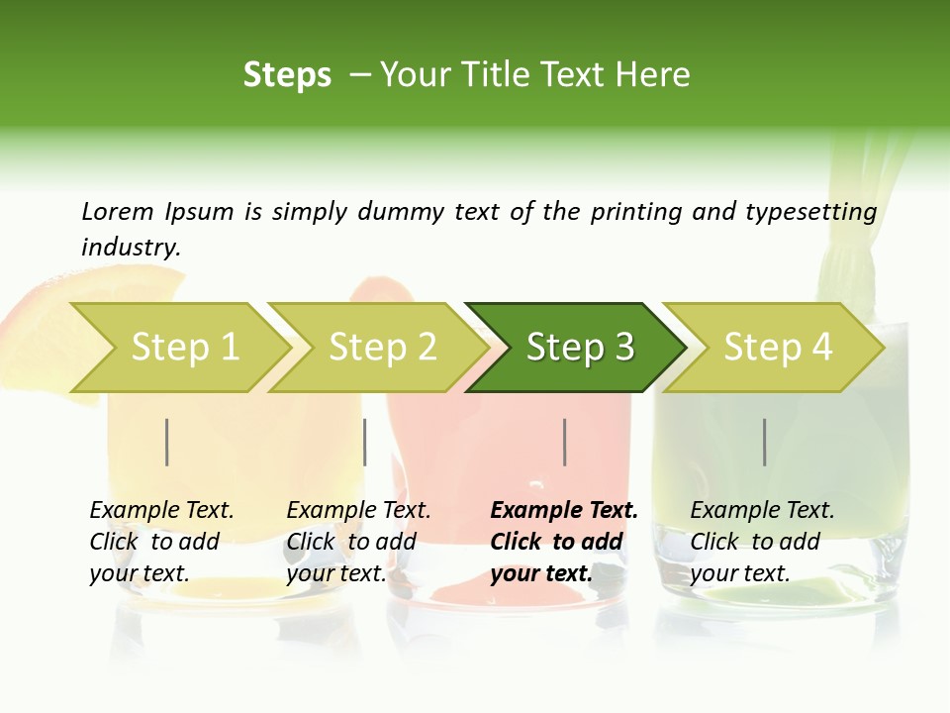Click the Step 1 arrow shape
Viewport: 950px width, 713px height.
184,348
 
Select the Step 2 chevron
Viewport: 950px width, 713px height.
382,348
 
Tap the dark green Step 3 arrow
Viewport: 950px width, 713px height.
580,348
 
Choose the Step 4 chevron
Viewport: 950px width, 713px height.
778,348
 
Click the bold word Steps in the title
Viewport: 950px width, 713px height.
287,75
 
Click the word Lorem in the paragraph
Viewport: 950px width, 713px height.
118,212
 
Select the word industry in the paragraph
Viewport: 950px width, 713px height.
131,248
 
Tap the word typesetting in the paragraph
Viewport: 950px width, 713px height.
816,212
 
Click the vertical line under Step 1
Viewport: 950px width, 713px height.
167,442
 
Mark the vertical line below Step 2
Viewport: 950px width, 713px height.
365,442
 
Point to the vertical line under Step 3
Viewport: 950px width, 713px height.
565,442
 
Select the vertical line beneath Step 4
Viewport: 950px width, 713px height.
765,442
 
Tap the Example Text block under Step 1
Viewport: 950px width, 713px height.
161,542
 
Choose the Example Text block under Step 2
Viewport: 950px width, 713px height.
358,542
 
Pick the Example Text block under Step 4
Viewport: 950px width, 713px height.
762,542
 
